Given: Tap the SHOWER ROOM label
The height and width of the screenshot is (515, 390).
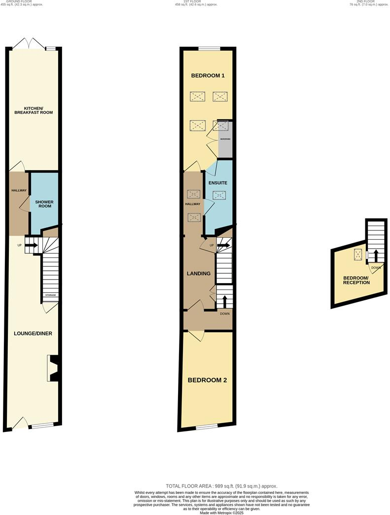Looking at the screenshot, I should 44,204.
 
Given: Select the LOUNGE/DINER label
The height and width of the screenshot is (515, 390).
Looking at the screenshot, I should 33,334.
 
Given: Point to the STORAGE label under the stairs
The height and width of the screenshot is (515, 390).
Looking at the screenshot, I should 51,295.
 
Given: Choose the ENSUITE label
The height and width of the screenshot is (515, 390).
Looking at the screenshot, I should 218,183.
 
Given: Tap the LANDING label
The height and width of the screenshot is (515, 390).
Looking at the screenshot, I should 199,273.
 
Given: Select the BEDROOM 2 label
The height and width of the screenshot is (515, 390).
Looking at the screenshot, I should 207,380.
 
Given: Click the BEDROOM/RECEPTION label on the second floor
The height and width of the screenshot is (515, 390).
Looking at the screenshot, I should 356,280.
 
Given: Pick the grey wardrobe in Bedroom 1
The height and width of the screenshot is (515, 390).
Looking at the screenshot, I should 225,140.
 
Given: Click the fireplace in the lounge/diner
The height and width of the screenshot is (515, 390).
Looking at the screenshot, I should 53,368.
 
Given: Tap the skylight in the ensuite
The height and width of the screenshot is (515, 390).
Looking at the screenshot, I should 219,196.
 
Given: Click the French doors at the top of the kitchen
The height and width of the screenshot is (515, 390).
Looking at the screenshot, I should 28,43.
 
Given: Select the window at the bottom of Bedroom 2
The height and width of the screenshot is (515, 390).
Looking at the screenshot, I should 207,427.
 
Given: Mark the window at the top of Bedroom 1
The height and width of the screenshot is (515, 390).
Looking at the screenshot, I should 209,48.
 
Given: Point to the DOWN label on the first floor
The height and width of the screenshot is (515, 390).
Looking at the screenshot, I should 224,314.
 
